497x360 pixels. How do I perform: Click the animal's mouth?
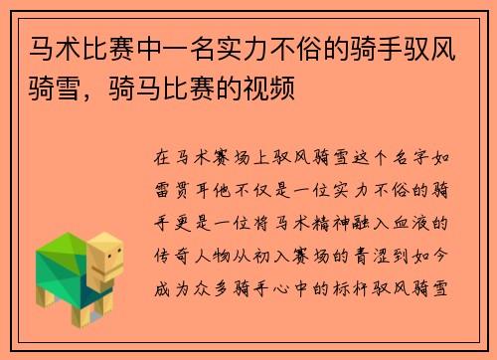point(113,270)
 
